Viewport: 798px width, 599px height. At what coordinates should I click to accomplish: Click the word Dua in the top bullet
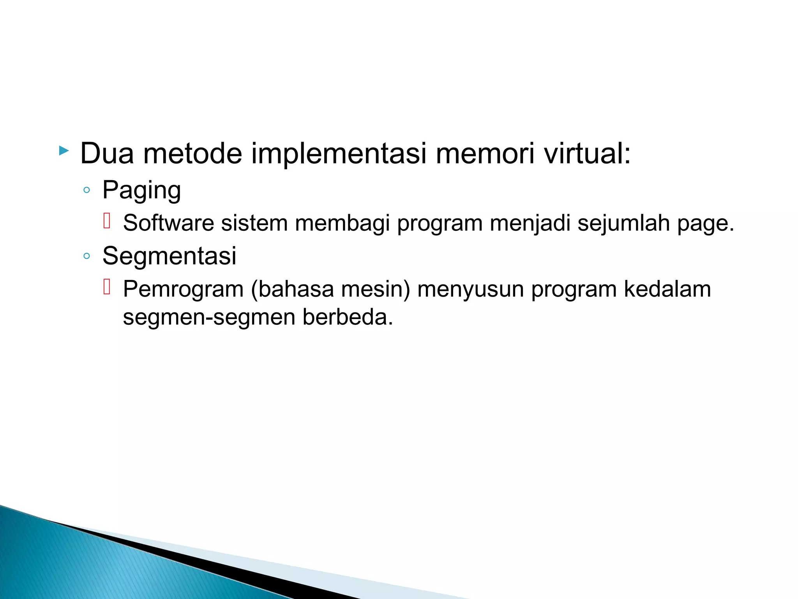tap(107, 154)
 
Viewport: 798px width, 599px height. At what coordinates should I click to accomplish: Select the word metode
tap(192, 154)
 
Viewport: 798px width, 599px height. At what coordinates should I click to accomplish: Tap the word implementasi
tap(339, 154)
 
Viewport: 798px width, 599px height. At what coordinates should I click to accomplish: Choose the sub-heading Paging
tap(141, 190)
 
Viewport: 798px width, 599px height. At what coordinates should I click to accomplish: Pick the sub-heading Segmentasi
tap(169, 256)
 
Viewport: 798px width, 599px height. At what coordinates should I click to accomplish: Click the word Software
tap(168, 223)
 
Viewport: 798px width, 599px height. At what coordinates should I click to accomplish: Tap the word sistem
tap(254, 223)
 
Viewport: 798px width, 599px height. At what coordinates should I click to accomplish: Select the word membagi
tap(342, 223)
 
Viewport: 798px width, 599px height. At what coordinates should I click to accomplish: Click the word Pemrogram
tap(183, 289)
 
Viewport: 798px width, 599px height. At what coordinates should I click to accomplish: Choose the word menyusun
tap(470, 289)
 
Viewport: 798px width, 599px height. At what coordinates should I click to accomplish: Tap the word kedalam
tap(667, 289)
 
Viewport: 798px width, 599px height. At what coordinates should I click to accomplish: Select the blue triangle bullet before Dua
tap(64, 151)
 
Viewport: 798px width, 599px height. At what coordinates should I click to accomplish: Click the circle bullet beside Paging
tap(87, 191)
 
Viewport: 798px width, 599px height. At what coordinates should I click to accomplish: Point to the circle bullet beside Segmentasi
tap(87, 257)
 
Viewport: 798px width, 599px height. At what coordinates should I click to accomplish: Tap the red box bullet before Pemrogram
tap(107, 287)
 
